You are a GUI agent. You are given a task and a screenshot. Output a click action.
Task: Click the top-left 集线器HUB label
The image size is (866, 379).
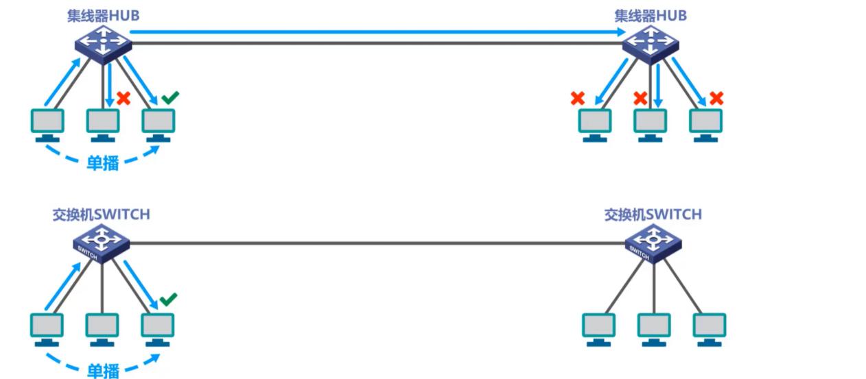click(x=103, y=15)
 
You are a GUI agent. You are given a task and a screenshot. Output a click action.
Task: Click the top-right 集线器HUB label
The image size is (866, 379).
click(x=651, y=15)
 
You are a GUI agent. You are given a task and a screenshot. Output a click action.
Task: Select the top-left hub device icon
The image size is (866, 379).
click(x=103, y=45)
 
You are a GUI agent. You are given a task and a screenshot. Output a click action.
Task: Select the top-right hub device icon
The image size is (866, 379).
click(x=651, y=45)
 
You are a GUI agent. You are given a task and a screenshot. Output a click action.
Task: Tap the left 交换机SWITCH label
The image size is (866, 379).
click(x=101, y=215)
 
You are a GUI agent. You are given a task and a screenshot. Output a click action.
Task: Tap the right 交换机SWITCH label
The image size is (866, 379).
click(x=653, y=215)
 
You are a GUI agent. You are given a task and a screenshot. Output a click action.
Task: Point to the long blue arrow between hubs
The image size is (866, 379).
click(x=377, y=32)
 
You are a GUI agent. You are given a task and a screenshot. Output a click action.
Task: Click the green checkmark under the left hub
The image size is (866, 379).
click(x=169, y=98)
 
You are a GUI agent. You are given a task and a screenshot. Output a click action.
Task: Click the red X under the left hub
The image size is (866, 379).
click(x=124, y=98)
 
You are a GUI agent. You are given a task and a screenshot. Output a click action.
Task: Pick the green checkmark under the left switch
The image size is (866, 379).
click(x=168, y=299)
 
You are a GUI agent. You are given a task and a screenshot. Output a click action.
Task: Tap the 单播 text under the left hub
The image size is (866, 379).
click(x=102, y=163)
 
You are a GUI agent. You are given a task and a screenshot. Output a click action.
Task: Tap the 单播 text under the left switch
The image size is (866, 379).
click(x=102, y=371)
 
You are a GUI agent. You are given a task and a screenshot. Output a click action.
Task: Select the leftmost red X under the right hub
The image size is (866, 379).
click(x=578, y=99)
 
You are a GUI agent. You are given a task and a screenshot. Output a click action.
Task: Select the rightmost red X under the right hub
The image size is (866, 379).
click(x=716, y=98)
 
